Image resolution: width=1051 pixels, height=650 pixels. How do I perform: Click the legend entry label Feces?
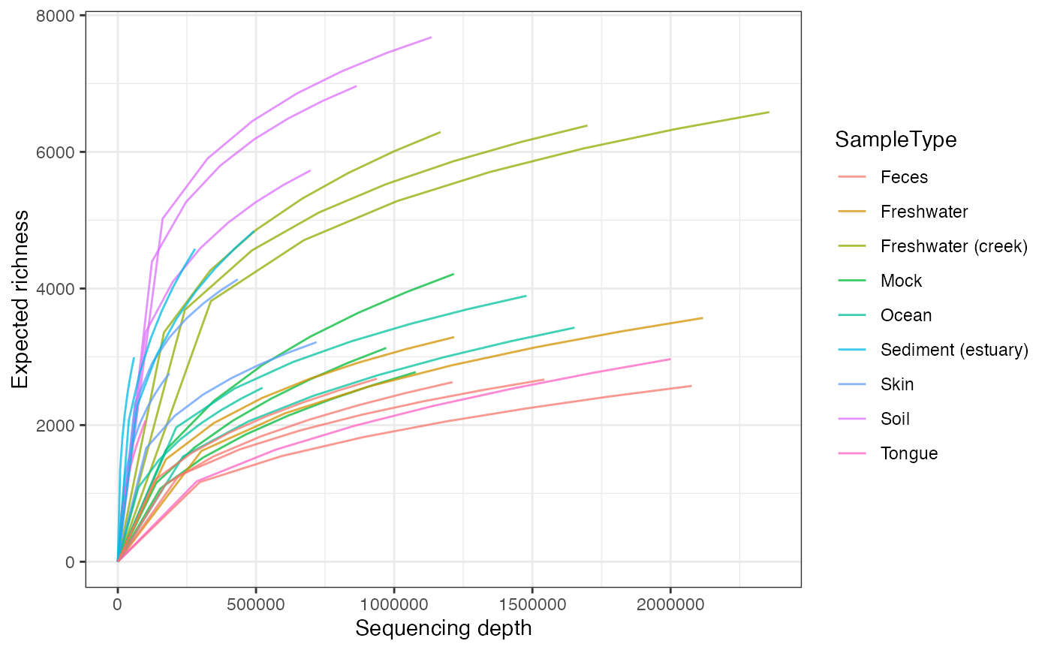click(x=904, y=177)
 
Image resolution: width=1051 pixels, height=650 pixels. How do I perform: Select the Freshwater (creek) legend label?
click(x=953, y=246)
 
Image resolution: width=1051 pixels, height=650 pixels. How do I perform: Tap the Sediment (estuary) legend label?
click(x=953, y=350)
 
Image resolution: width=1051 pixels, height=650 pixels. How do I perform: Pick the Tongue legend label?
click(x=909, y=453)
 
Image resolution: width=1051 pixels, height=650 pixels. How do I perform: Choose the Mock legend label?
click(x=901, y=281)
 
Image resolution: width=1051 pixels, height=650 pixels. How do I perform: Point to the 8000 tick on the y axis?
click(x=59, y=16)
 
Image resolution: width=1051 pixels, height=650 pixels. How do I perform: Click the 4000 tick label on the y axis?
click(x=59, y=289)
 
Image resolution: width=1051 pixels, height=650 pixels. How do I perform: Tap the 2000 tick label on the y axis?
click(x=59, y=426)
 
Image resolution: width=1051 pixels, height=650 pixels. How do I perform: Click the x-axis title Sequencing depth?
click(x=444, y=628)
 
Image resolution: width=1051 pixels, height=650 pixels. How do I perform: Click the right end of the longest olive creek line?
click(x=769, y=112)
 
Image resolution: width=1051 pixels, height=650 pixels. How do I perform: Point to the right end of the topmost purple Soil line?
click(x=431, y=37)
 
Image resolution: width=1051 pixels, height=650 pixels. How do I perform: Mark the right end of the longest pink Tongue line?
click(x=670, y=359)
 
